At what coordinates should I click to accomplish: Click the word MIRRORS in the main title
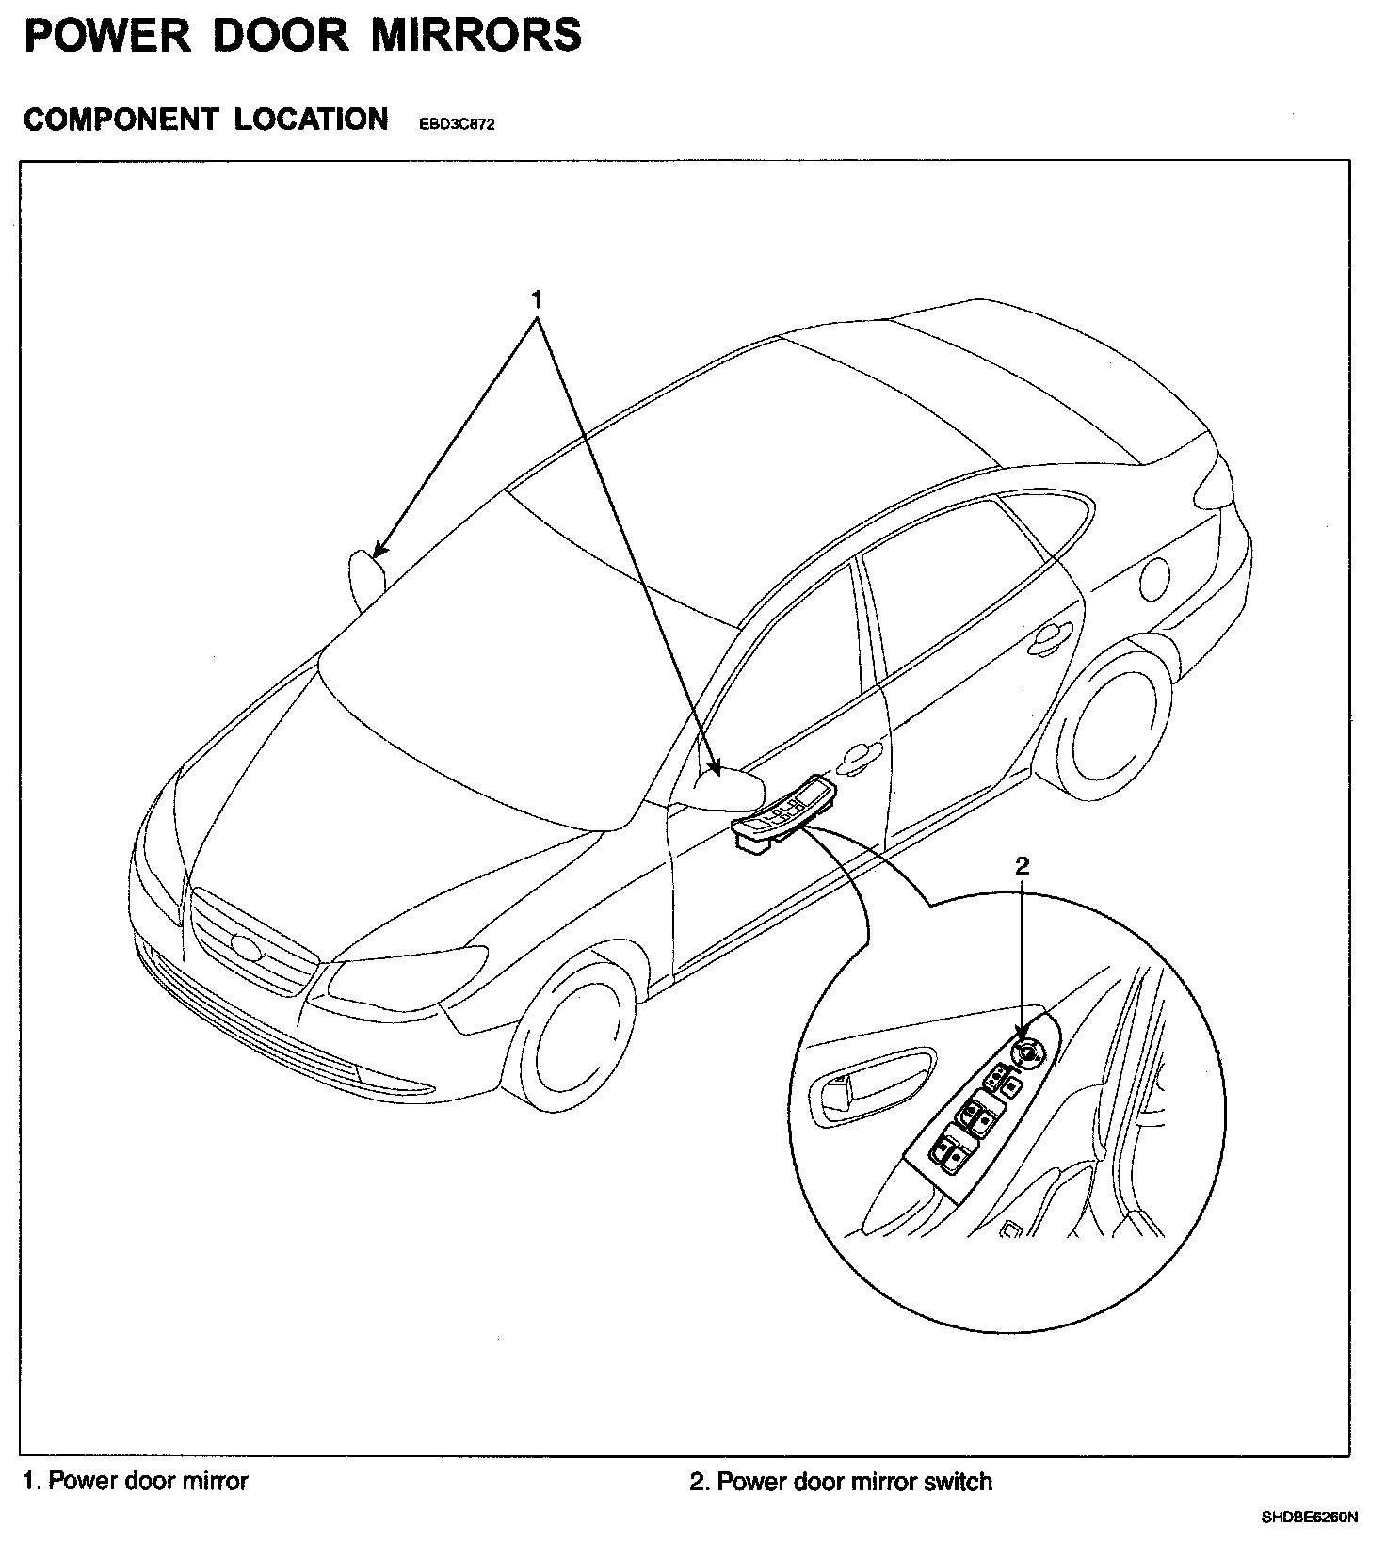[476, 36]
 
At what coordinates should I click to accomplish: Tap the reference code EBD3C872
[456, 124]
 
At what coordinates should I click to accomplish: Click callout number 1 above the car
[537, 300]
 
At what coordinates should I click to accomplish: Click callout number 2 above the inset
[1023, 865]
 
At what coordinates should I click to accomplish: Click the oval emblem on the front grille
[246, 944]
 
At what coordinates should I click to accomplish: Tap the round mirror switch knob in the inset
[1025, 1052]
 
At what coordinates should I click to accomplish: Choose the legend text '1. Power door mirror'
[136, 1481]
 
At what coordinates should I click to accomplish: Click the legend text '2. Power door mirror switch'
[841, 1482]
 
